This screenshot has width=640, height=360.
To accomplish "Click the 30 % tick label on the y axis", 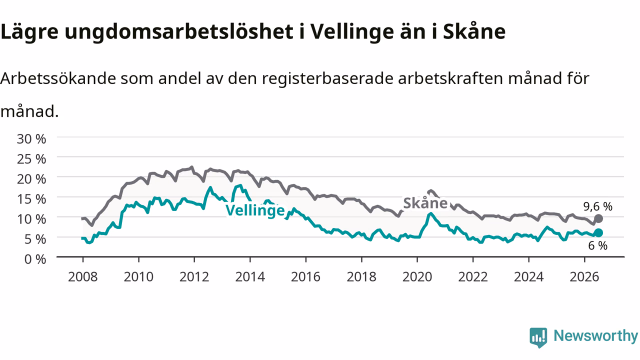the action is tap(31, 139).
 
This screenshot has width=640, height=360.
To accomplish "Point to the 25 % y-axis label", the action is tap(31, 159).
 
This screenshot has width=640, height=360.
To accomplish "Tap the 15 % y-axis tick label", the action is tap(31, 199).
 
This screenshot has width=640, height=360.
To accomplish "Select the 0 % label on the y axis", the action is tap(35, 259).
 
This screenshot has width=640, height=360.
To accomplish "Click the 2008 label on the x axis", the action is tap(83, 277).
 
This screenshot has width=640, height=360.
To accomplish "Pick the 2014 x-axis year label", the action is tap(250, 277).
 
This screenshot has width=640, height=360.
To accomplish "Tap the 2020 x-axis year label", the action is tap(417, 277).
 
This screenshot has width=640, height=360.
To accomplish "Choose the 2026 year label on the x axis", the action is tap(584, 277).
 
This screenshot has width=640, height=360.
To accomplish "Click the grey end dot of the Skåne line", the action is tap(598, 218).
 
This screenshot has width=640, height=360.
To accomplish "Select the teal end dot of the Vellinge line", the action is tap(598, 233).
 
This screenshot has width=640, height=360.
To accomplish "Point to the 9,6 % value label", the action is tap(597, 206).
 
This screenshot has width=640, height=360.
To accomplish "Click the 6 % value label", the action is tap(597, 245).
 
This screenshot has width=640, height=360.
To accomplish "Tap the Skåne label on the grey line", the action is tap(425, 203).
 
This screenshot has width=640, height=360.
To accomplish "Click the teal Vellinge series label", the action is tap(255, 210).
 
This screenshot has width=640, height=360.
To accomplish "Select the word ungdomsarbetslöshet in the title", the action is tap(179, 31).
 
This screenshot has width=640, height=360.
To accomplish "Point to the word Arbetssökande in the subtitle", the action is tap(58, 78).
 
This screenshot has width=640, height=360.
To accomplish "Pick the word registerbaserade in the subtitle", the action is tap(327, 79).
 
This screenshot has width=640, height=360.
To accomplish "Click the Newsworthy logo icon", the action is tap(538, 337).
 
